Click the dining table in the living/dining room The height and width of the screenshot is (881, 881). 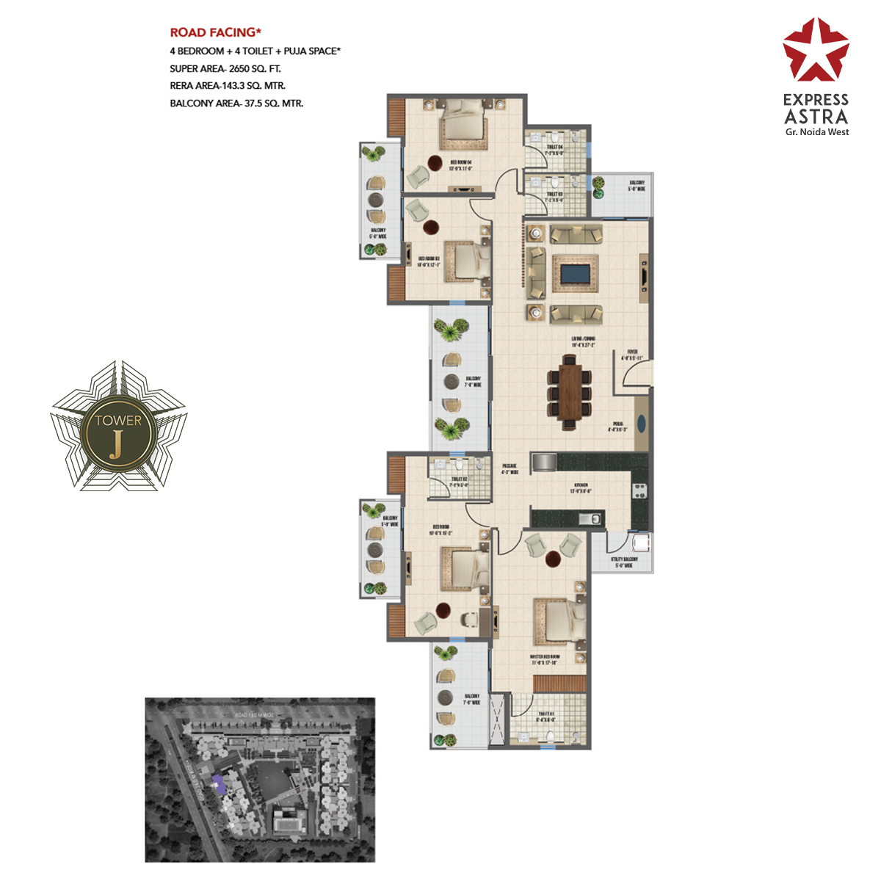568,391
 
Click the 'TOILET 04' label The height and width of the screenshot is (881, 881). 554,147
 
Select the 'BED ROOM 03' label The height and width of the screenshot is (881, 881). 429,258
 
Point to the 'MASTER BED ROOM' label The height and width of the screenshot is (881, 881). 545,657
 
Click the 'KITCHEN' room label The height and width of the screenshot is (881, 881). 581,485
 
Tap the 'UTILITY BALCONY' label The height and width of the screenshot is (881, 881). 624,559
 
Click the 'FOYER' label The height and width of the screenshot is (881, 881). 632,352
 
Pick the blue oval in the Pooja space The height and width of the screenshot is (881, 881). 641,424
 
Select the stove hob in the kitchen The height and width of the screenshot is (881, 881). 639,490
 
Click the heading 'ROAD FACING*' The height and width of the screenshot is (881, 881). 216,32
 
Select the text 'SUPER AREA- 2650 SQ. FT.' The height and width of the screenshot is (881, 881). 225,68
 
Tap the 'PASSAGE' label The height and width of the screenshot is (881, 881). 510,466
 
